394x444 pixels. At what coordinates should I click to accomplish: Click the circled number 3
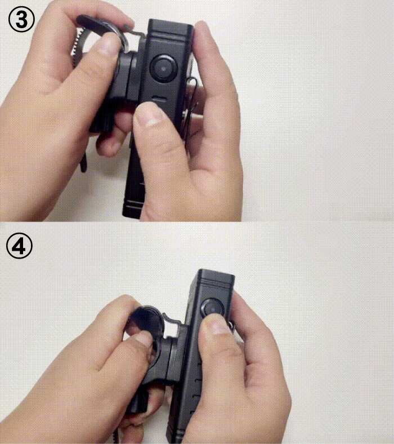(x=21, y=20)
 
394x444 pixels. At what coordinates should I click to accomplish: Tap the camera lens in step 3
(x=164, y=68)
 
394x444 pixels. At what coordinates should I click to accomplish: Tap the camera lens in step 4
(x=212, y=308)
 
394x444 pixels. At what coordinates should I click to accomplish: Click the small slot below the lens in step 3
(x=159, y=99)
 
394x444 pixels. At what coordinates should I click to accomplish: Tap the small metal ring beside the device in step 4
(x=232, y=326)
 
